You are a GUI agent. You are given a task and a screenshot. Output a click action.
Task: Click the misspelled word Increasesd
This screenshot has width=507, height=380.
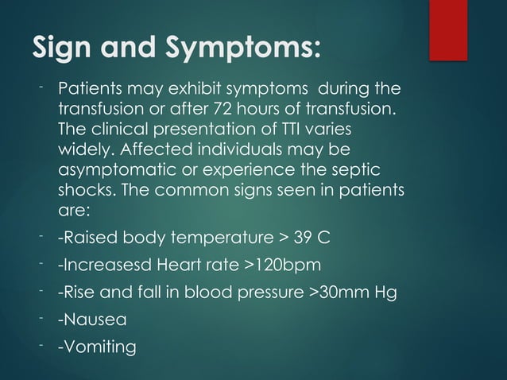pyautogui.click(x=111, y=266)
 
